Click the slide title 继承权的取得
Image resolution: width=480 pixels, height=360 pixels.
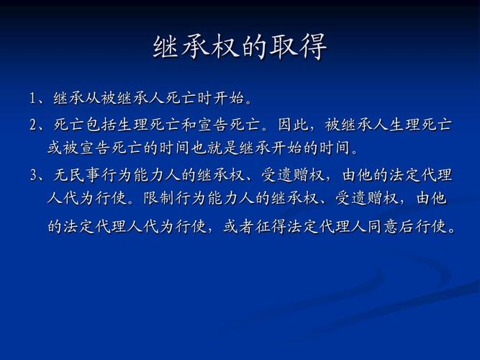pos(240,47)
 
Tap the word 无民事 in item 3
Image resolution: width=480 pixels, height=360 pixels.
pos(73,175)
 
